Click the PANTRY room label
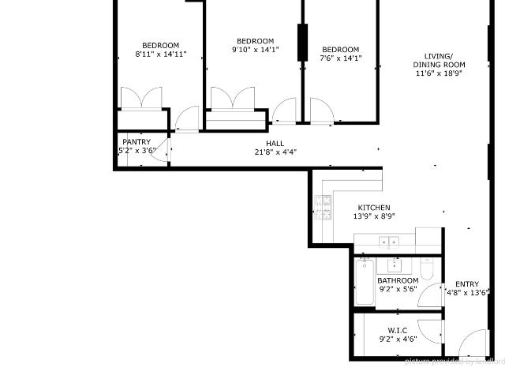click(137, 142)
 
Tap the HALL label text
click(275, 143)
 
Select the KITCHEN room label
click(373, 207)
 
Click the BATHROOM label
click(397, 280)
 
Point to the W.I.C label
click(397, 330)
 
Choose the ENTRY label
click(466, 284)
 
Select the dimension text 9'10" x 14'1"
click(255, 50)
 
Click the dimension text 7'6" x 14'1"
click(340, 58)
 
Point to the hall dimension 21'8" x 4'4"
click(275, 152)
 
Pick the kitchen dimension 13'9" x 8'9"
click(373, 216)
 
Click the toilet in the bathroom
click(426, 271)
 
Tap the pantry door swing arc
click(160, 150)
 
